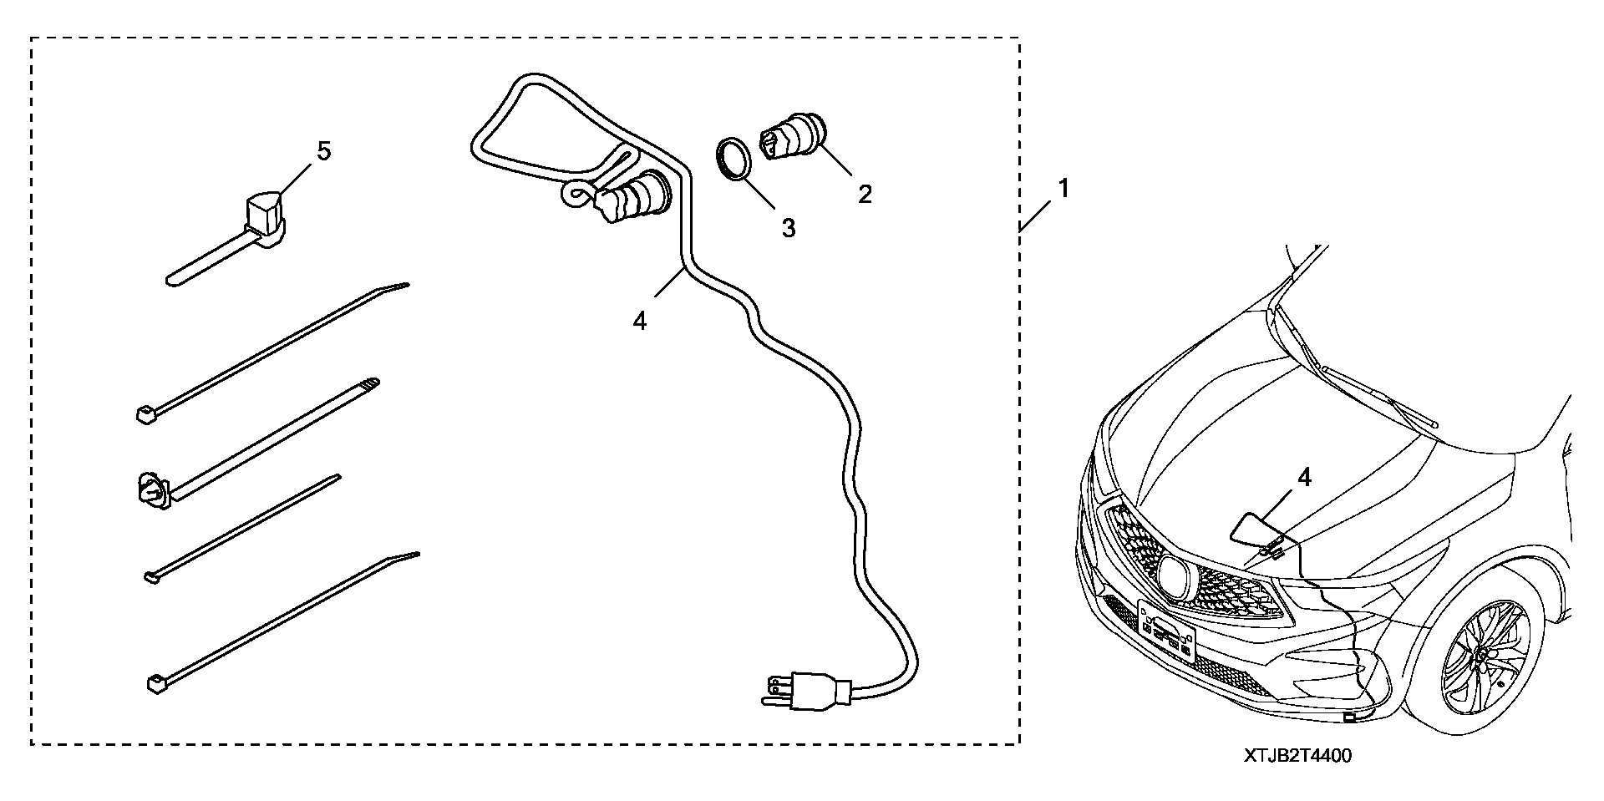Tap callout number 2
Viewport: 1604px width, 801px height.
point(865,194)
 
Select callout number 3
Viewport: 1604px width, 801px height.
point(788,228)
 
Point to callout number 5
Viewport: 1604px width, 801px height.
point(323,151)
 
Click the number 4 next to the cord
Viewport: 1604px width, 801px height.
point(640,321)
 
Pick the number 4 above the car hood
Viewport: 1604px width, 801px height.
point(1304,478)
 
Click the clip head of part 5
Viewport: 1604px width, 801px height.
point(265,215)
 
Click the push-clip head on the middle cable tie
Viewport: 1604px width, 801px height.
point(151,489)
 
